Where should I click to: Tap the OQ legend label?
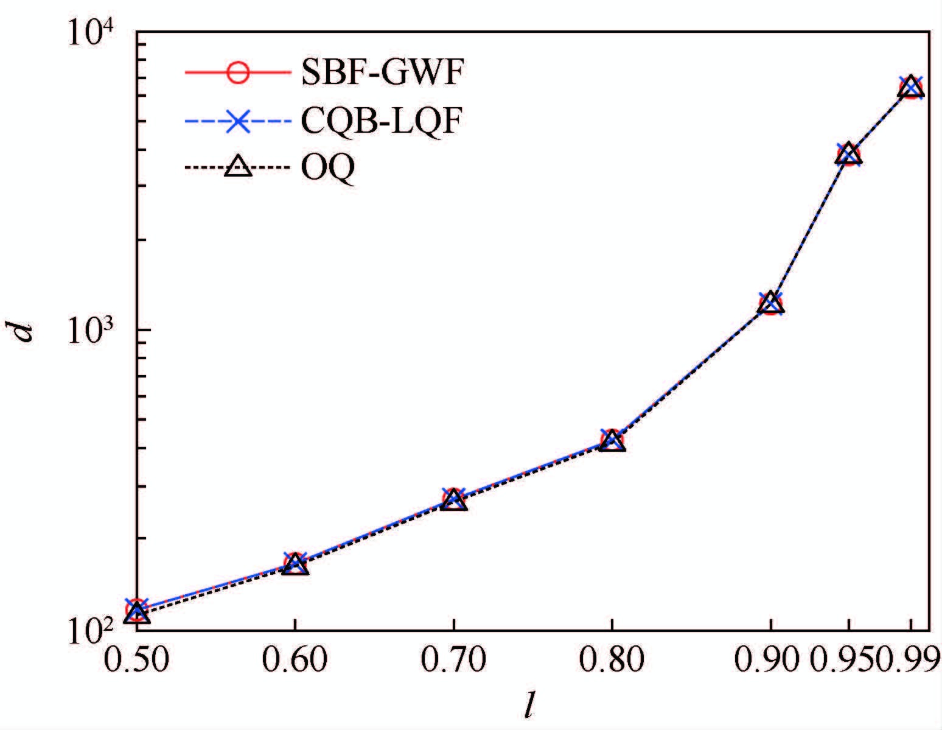pyautogui.click(x=327, y=169)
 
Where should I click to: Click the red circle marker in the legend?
pyautogui.click(x=237, y=72)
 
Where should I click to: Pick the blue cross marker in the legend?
pyautogui.click(x=237, y=121)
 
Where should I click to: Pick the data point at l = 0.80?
pyautogui.click(x=612, y=440)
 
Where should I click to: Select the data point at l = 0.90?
pyautogui.click(x=770, y=303)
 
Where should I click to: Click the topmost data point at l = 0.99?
pyautogui.click(x=911, y=88)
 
